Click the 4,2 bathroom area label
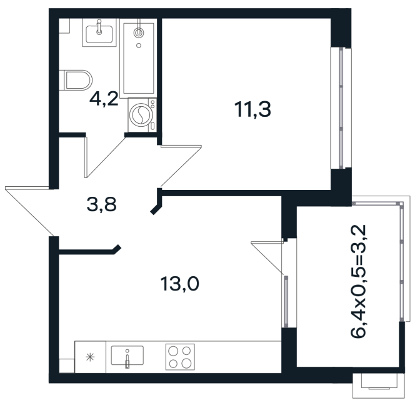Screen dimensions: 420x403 104,99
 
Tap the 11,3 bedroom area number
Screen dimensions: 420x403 252,109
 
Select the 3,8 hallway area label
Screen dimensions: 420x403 101,204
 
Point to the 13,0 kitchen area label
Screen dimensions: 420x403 180,284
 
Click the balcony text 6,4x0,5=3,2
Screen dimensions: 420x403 358,281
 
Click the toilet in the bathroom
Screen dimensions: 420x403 76,81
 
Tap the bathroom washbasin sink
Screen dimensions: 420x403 99,34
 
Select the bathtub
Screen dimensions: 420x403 139,58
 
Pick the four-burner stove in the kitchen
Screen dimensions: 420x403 180,357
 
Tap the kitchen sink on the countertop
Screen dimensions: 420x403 127,356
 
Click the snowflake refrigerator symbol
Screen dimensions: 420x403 90,357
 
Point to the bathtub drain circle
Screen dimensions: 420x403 139,46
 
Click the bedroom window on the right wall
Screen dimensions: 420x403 341,108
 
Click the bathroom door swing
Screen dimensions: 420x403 104,157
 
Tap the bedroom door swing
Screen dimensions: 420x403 181,166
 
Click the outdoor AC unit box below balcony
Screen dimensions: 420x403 377,386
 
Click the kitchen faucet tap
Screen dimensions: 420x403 127,359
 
